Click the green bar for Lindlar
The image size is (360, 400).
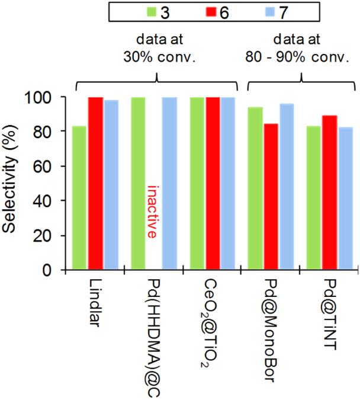click(79, 198)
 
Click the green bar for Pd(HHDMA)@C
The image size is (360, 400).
click(138, 184)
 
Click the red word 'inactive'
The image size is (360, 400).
click(153, 212)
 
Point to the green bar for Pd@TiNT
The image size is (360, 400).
click(314, 198)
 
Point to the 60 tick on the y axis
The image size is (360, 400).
click(48, 167)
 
